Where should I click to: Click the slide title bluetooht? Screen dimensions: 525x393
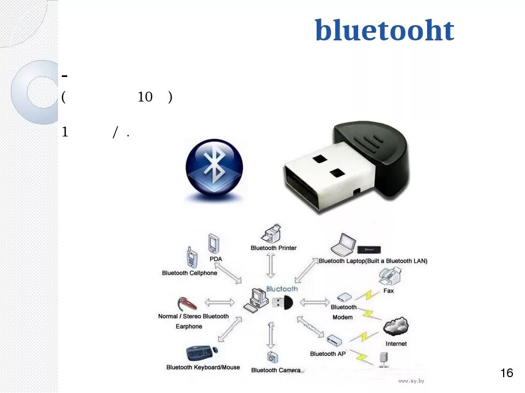click(x=384, y=31)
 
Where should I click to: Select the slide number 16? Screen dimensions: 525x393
click(x=507, y=373)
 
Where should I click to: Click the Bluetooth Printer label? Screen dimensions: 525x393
click(x=273, y=248)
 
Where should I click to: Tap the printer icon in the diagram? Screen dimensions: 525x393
click(x=272, y=234)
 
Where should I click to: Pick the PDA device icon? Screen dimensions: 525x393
click(x=213, y=244)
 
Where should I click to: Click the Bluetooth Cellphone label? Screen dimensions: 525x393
click(x=189, y=273)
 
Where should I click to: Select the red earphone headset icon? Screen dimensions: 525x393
click(x=186, y=304)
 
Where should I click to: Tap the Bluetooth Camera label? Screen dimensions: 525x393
click(x=276, y=370)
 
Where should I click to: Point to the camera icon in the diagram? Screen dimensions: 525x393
click(x=272, y=358)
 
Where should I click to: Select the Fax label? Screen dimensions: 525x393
click(x=388, y=291)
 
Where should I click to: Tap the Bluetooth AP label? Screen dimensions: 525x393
click(x=328, y=354)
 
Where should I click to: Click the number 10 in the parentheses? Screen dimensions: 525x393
click(x=145, y=97)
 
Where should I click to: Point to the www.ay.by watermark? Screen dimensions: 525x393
click(x=411, y=380)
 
